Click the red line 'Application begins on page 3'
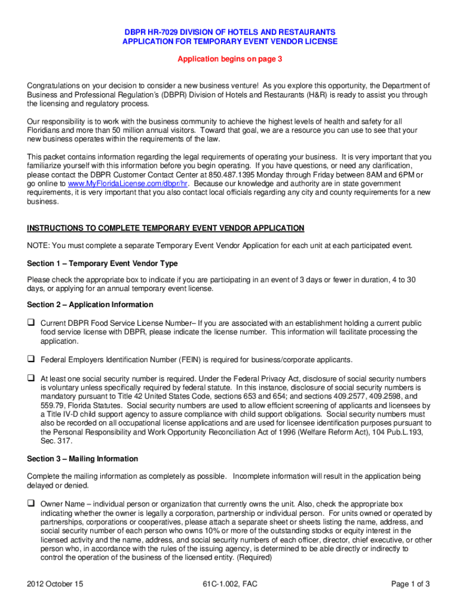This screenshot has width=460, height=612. tap(229, 59)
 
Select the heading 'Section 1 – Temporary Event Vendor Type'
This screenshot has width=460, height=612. tap(102, 264)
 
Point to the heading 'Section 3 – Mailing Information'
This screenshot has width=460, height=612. tap(82, 459)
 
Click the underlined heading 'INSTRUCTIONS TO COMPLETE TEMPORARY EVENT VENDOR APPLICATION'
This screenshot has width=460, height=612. tap(165, 228)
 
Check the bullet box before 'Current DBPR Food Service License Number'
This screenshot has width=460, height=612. tap(31, 322)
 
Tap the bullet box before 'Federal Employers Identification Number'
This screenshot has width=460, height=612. tap(31, 360)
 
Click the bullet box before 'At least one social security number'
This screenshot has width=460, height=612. tap(31, 378)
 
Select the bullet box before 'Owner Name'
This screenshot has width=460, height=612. tap(31, 503)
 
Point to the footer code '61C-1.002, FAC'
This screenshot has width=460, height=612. tap(230, 584)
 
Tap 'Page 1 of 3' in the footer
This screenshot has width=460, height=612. tap(410, 584)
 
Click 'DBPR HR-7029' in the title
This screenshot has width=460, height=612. tap(149, 32)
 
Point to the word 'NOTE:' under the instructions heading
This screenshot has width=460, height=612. tap(38, 246)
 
